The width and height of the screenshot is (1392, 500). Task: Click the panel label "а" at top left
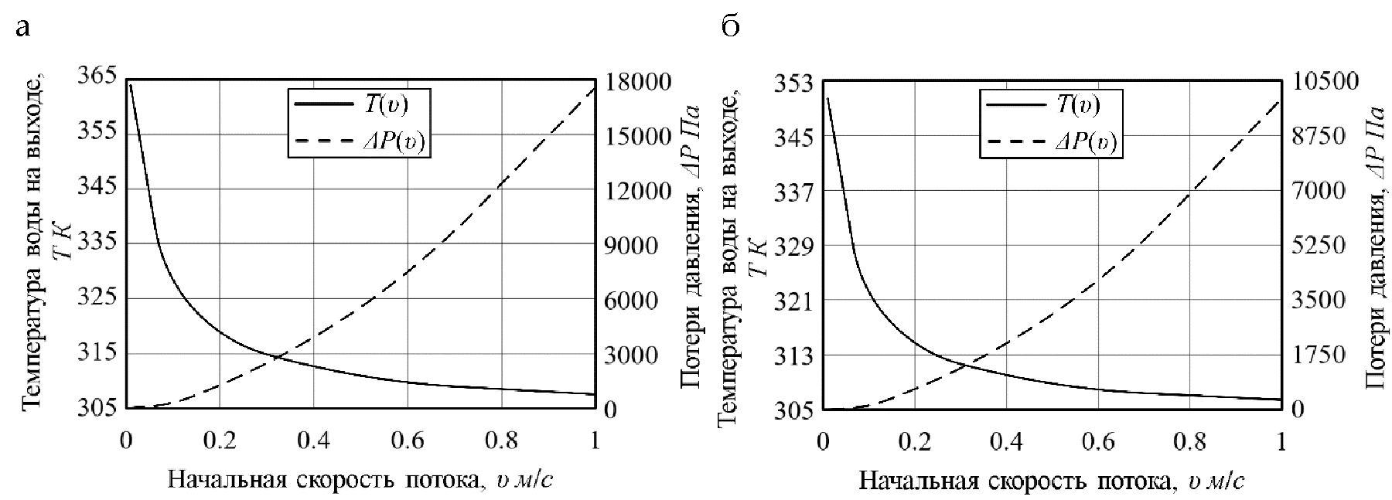pyautogui.click(x=24, y=29)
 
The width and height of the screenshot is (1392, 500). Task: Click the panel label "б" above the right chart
pyautogui.click(x=730, y=26)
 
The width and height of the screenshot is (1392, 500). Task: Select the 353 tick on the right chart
pyautogui.click(x=793, y=82)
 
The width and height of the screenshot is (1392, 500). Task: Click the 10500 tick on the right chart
pyautogui.click(x=1325, y=82)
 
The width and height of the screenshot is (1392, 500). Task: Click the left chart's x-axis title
pyautogui.click(x=360, y=480)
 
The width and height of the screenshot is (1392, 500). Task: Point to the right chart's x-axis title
pyautogui.click(x=1052, y=481)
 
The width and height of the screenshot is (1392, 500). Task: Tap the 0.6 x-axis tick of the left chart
pyautogui.click(x=408, y=440)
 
